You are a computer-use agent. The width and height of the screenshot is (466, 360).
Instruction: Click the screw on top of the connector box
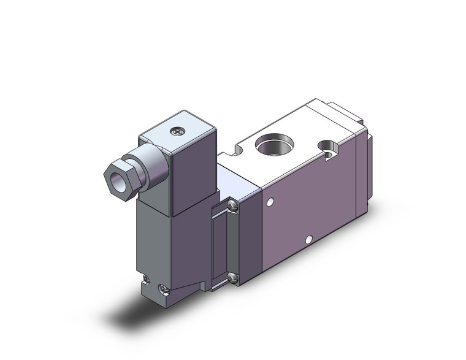[x=179, y=130]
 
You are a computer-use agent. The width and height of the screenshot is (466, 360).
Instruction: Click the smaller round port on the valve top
[x=330, y=148]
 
